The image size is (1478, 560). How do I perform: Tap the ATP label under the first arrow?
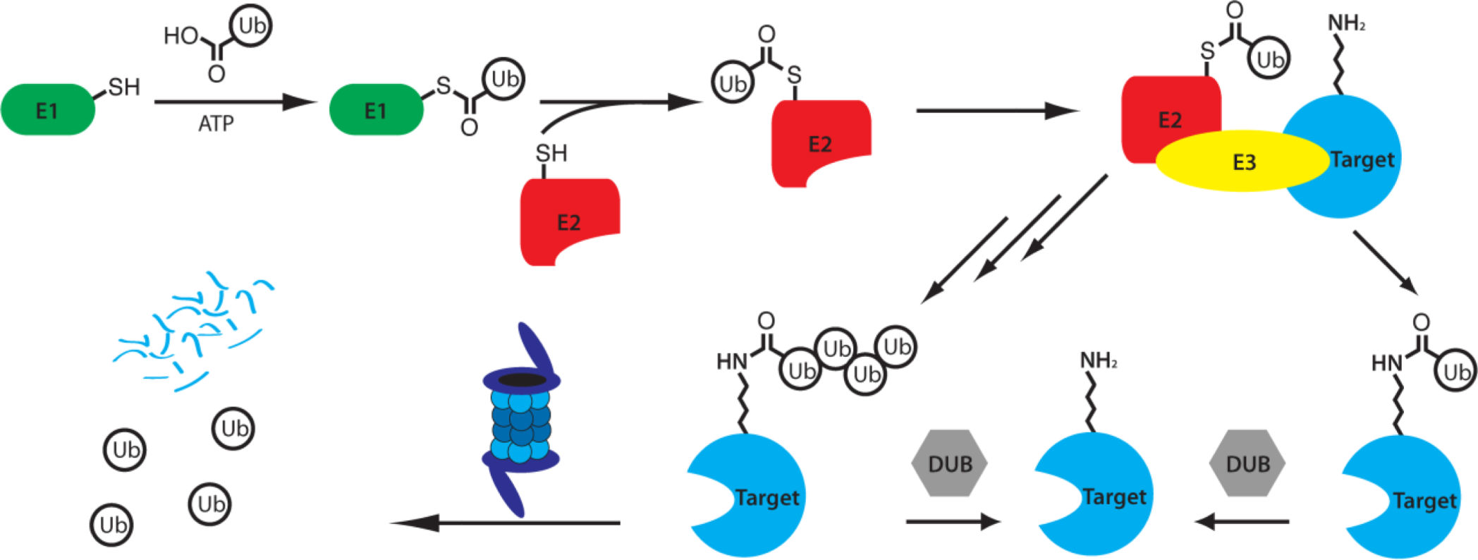[x=216, y=124]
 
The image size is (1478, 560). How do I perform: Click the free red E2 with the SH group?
[x=569, y=221]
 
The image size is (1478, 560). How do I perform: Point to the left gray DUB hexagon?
[x=950, y=463]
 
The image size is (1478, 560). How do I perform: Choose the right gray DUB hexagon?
[x=1247, y=463]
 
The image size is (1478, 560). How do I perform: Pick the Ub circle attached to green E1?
[x=504, y=79]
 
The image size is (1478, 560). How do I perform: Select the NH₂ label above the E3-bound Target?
[x=1345, y=24]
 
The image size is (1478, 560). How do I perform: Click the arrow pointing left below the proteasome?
[x=505, y=523]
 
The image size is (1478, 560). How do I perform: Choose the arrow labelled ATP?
[x=234, y=102]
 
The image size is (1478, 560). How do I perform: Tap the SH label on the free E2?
[x=551, y=153]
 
